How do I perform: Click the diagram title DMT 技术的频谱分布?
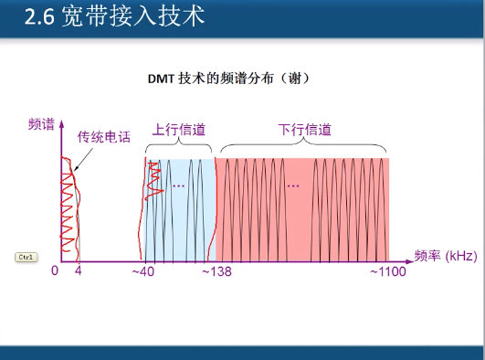click(232, 79)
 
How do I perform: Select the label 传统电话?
click(103, 137)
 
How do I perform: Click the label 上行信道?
click(177, 129)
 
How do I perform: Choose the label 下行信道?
click(304, 129)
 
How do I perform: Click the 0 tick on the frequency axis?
click(55, 271)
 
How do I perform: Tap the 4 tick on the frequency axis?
click(78, 271)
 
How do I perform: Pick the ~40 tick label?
click(142, 271)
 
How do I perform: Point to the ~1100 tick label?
click(387, 271)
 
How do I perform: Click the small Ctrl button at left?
click(26, 257)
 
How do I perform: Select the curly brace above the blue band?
click(178, 146)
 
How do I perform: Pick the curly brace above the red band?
click(304, 146)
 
